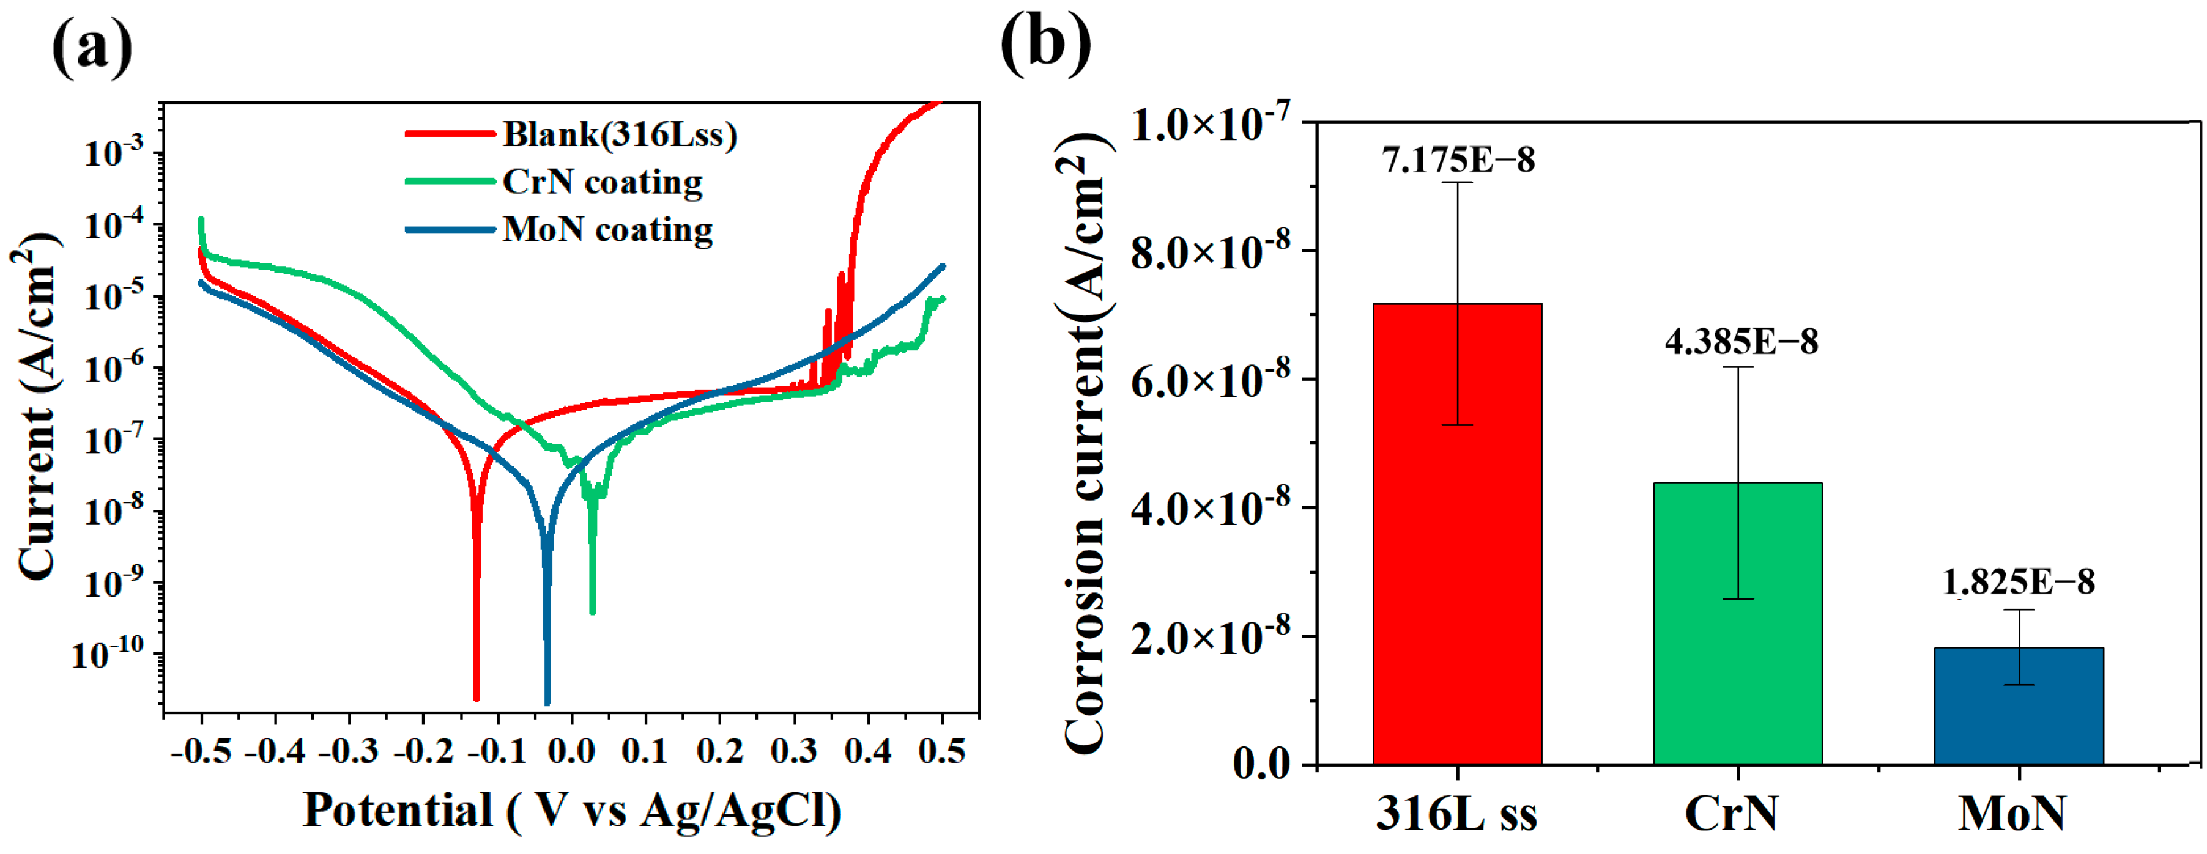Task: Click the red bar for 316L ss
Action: coord(1456,533)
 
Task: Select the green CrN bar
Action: coord(1737,623)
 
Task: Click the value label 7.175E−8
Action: coord(1458,160)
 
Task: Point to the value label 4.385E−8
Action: coord(1740,341)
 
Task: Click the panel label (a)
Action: coord(92,47)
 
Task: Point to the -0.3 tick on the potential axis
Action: coord(349,752)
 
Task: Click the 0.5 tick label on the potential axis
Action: coord(941,752)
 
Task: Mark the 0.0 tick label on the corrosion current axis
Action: coord(1261,763)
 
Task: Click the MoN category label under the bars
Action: coord(2012,814)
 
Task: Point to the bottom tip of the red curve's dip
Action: coord(477,698)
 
